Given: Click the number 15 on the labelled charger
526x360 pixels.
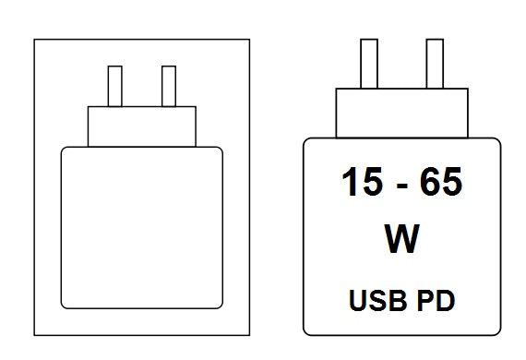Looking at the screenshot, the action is point(362,182).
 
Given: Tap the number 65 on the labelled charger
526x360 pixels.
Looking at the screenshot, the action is point(441,182).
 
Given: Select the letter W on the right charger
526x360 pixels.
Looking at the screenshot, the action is point(401,238).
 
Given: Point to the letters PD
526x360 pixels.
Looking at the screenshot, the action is point(436,300).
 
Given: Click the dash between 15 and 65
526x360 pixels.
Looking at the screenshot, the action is point(401,186).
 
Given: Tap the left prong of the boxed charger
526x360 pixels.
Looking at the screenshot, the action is point(115,86).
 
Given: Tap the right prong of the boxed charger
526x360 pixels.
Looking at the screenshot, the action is point(169,86).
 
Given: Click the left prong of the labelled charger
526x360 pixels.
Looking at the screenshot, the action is point(369,64).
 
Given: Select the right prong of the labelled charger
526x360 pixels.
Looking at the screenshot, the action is point(435,64).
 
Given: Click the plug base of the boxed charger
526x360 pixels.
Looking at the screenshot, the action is point(142,126).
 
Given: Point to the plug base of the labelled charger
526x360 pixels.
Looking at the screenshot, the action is point(401,113).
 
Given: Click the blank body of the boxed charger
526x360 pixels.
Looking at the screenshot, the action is point(142,227).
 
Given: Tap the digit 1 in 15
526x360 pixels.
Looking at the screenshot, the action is point(351,182).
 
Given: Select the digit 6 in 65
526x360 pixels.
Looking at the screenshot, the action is point(430,182).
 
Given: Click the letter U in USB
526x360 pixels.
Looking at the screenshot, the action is point(358,301).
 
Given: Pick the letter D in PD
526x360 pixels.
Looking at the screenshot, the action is point(446,300).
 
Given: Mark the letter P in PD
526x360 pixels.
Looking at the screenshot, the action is point(426,300).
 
